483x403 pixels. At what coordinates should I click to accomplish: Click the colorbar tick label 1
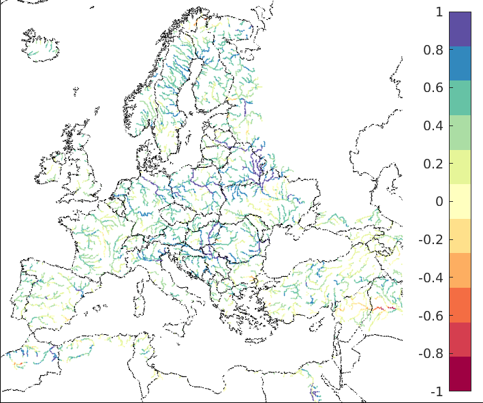[x=439, y=12]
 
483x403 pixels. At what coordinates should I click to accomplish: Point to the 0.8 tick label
[x=434, y=50]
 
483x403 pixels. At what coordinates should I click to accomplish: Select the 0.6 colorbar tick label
[x=434, y=88]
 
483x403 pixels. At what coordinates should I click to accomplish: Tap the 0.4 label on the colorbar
[x=434, y=125]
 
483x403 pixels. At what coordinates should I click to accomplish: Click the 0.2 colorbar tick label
[x=434, y=164]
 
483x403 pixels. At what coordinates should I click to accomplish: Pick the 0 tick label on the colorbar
[x=439, y=202]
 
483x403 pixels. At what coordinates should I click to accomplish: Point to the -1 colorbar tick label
[x=437, y=391]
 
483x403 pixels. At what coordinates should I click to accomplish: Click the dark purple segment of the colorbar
[x=460, y=29]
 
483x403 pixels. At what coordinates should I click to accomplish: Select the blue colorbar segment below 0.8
[x=460, y=63]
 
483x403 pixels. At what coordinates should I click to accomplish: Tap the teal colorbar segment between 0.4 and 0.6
[x=460, y=98]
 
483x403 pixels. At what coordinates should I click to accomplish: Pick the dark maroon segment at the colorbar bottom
[x=460, y=374]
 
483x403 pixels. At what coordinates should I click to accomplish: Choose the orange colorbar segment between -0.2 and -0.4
[x=460, y=270]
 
